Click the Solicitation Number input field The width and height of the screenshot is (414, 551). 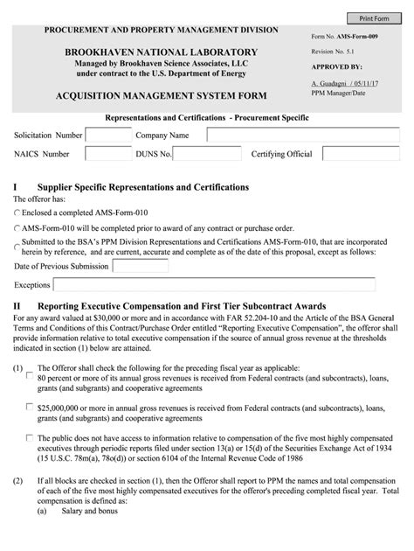[108, 136]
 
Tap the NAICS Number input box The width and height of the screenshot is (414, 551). [108, 156]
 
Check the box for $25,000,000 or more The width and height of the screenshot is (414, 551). [31, 408]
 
